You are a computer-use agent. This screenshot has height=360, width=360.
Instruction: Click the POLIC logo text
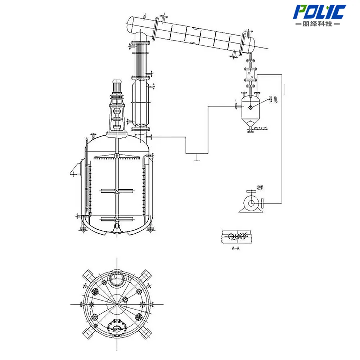(x=320, y=12)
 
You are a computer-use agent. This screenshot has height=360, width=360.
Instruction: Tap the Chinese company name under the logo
(x=317, y=24)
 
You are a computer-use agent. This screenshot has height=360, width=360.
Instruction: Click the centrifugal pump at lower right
(x=251, y=203)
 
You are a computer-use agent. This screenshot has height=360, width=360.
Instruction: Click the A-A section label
(x=236, y=248)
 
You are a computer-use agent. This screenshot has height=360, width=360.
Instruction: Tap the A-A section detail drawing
(x=238, y=236)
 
